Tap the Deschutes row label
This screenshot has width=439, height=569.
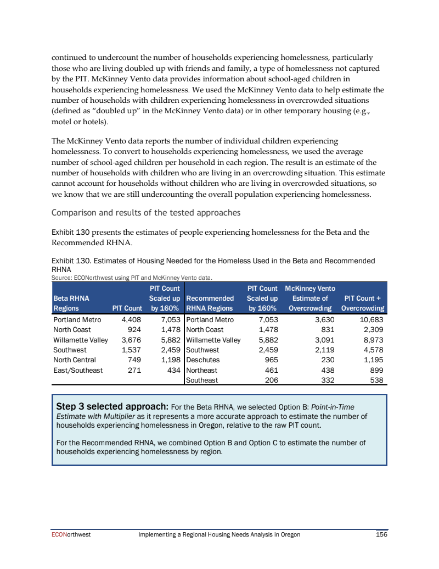204,360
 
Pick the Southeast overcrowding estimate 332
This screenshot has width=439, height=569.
319,380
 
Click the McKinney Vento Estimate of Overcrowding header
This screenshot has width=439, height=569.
310,298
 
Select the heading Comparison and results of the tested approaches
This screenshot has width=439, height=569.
145,212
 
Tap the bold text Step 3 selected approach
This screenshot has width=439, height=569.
112,407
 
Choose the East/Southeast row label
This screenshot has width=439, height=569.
77,370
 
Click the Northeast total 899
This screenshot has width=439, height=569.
374,370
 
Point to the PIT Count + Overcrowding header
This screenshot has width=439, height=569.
362,303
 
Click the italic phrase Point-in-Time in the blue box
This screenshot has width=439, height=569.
333,407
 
